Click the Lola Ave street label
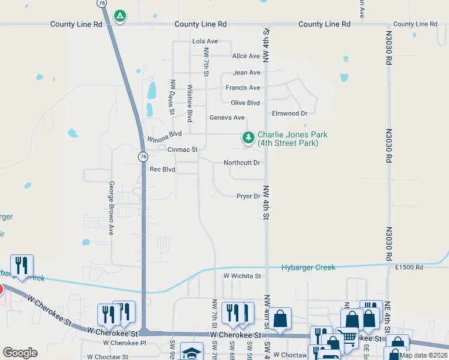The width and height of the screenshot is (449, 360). pyautogui.click(x=205, y=41)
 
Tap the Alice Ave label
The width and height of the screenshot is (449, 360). pyautogui.click(x=246, y=56)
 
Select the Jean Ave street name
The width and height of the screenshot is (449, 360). pyautogui.click(x=247, y=73)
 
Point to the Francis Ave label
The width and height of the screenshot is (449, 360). pyautogui.click(x=243, y=88)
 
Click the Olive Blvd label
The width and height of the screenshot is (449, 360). pyautogui.click(x=245, y=103)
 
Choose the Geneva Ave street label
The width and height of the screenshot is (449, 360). pyautogui.click(x=227, y=118)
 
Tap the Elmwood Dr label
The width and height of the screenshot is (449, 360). pyautogui.click(x=289, y=113)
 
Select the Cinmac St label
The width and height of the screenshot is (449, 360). pyautogui.click(x=182, y=149)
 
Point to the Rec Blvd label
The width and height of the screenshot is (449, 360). pyautogui.click(x=163, y=169)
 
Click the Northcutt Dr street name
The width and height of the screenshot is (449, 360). pyautogui.click(x=242, y=163)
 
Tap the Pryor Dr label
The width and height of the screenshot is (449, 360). pyautogui.click(x=248, y=196)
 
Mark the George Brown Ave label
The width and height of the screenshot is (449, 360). pyautogui.click(x=112, y=208)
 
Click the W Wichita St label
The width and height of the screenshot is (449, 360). pyautogui.click(x=243, y=276)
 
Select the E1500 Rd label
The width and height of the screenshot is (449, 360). pyautogui.click(x=409, y=266)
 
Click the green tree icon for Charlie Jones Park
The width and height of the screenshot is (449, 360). pyautogui.click(x=248, y=139)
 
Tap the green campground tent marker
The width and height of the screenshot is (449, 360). pyautogui.click(x=120, y=16)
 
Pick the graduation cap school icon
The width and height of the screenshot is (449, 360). pyautogui.click(x=192, y=352)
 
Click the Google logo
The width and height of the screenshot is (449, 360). pyautogui.click(x=20, y=353)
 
